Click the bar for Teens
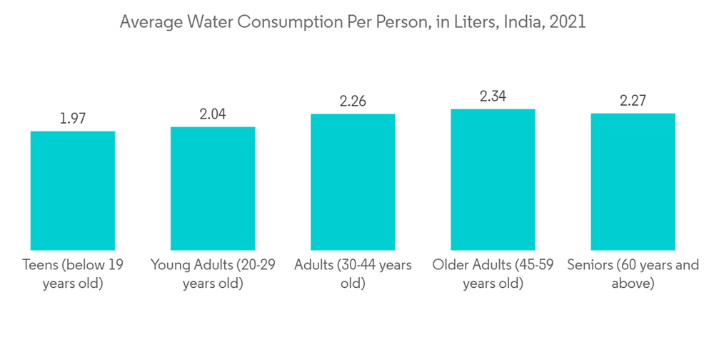73,190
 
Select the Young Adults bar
213,188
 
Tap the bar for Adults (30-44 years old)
353,181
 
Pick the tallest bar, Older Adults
493,179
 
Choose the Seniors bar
633,181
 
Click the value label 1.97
73,119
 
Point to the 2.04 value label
213,114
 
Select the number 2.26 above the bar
353,101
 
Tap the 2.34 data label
493,96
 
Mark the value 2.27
633,101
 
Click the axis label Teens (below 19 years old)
73,274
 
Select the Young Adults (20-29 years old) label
213,274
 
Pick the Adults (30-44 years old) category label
353,274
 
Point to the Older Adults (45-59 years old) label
493,274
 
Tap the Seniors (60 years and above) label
633,274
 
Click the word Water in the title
210,22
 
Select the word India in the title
522,22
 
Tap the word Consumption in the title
281,22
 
